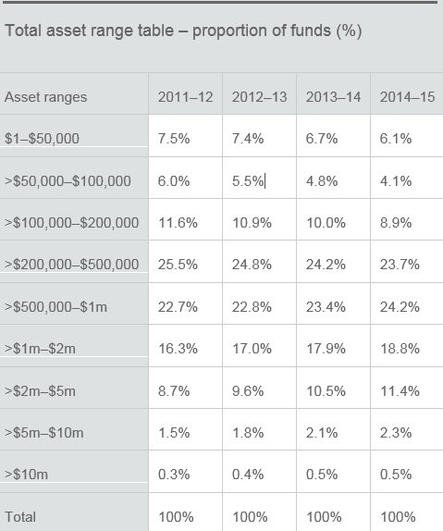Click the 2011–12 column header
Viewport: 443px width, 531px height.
[x=185, y=97]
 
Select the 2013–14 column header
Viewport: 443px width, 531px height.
[x=333, y=97]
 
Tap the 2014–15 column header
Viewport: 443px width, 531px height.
[x=407, y=97]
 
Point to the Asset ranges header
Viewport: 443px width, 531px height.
[x=45, y=97]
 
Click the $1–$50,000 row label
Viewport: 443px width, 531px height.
[x=42, y=139]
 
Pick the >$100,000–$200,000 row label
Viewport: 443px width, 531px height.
[x=72, y=223]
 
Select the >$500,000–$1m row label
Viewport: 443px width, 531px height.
[x=55, y=307]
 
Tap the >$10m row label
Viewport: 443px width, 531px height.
[x=26, y=474]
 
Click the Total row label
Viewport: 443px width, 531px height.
[x=20, y=517]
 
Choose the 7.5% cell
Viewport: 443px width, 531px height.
[x=174, y=139]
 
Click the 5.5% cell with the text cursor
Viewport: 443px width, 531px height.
[x=248, y=180]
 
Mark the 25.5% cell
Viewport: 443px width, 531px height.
[x=178, y=265]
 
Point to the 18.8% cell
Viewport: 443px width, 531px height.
[x=400, y=349]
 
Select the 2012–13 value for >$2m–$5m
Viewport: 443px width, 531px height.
[x=248, y=391]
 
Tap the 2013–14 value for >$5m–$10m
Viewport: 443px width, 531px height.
[x=322, y=433]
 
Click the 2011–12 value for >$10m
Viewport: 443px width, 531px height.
[x=174, y=474]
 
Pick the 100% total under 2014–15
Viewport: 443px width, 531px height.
[x=398, y=517]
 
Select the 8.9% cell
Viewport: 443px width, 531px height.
[x=396, y=223]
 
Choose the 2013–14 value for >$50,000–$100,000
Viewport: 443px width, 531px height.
[x=322, y=180]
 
